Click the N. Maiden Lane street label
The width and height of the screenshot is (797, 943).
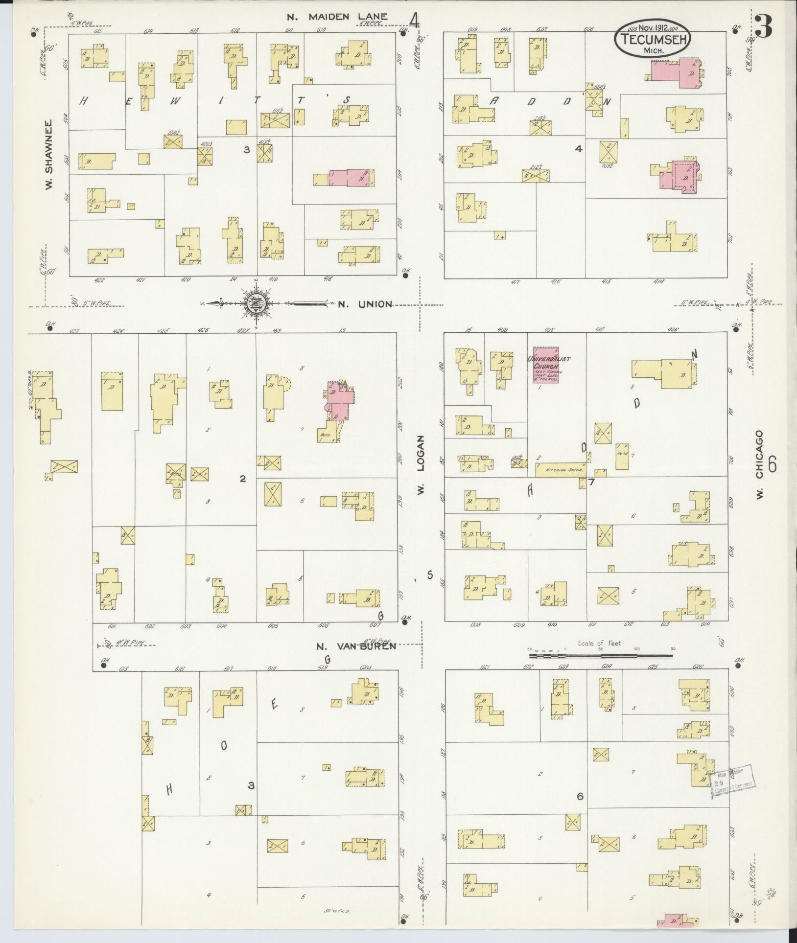point(337,17)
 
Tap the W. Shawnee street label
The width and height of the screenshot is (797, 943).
point(49,155)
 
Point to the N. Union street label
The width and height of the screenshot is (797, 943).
point(365,304)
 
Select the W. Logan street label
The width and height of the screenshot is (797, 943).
point(420,465)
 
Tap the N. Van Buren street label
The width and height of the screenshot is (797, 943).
point(355,645)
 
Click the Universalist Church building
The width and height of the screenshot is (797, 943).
point(546,365)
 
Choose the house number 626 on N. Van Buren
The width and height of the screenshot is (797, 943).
point(698,667)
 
